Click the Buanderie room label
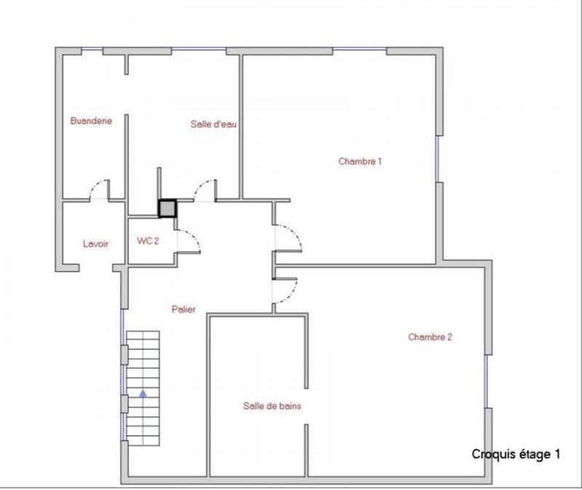[91, 121]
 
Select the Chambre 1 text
[360, 161]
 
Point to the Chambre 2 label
[431, 337]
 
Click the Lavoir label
[95, 244]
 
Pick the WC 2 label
[148, 240]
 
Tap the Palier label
[184, 309]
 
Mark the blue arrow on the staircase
[143, 392]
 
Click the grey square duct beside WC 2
[167, 209]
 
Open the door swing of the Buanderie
[99, 189]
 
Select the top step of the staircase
[143, 336]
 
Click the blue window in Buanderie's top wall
[91, 50]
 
